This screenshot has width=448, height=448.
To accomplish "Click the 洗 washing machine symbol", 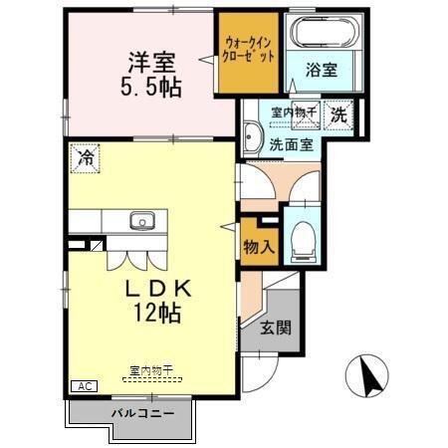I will (x=339, y=113).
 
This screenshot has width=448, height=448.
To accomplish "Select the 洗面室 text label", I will (x=292, y=143).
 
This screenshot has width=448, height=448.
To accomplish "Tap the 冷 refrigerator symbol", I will (x=86, y=157).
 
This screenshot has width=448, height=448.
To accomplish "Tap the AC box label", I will (x=83, y=385).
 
